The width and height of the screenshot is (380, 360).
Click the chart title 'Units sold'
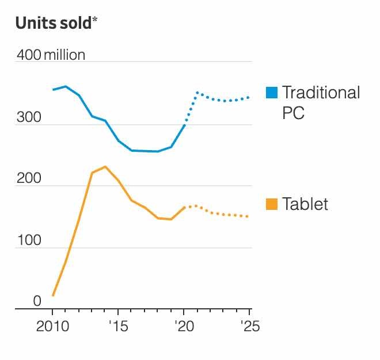click(x=53, y=22)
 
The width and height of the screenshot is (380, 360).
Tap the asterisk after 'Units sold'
click(x=95, y=20)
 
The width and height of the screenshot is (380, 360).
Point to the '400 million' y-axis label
click(x=51, y=55)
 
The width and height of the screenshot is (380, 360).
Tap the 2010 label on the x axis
click(x=52, y=327)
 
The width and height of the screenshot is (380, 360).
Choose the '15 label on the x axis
click(x=117, y=327)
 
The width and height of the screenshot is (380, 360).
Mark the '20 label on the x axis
click(x=183, y=327)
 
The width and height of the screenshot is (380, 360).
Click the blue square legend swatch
click(x=272, y=92)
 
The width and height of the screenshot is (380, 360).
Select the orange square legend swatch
click(x=272, y=204)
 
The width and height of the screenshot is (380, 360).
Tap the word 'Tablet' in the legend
click(x=305, y=204)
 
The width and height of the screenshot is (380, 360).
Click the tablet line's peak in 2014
click(x=105, y=166)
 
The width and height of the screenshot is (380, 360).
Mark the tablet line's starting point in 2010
click(x=52, y=296)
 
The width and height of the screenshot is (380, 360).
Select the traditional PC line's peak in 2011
click(x=66, y=86)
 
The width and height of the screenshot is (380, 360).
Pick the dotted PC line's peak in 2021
click(x=197, y=92)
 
